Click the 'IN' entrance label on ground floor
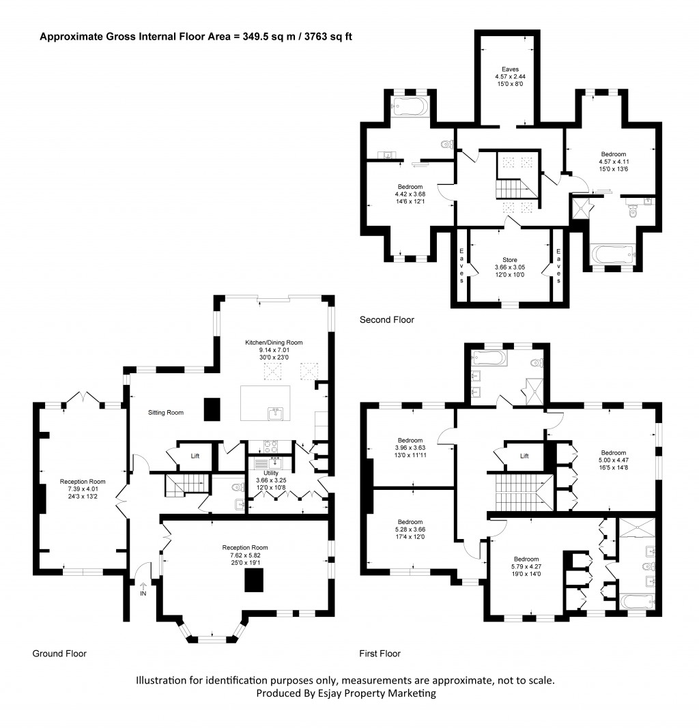[143, 594]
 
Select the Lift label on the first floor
[524, 456]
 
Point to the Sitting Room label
[167, 413]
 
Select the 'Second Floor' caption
[386, 319]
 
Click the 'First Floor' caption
[380, 654]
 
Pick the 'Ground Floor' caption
[59, 654]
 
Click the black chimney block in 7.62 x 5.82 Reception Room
[255, 580]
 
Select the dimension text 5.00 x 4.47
[613, 461]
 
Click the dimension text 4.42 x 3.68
[410, 194]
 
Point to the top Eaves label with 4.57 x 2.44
[506, 69]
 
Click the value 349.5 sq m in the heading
[262, 37]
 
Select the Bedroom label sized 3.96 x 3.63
[410, 440]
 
